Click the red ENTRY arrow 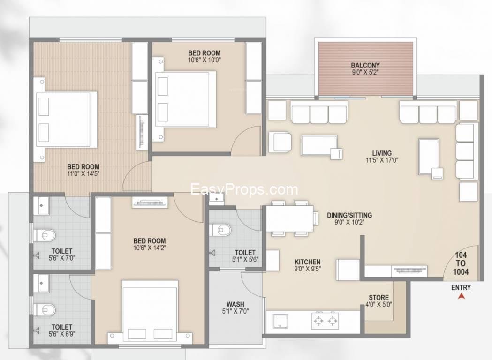click(x=461, y=296)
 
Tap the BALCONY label click(x=365, y=66)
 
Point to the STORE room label click(x=378, y=297)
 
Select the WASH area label click(x=235, y=304)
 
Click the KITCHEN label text click(x=308, y=262)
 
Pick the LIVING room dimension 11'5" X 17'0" click(x=382, y=160)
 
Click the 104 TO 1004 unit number click(x=461, y=263)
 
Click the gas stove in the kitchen click(x=325, y=321)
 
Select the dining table click(x=290, y=218)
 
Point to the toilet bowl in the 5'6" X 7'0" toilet click(x=45, y=235)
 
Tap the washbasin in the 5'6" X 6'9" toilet click(x=41, y=283)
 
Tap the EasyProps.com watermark click(x=244, y=189)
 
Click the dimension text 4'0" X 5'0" click(x=378, y=304)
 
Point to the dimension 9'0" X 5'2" click(x=365, y=73)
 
